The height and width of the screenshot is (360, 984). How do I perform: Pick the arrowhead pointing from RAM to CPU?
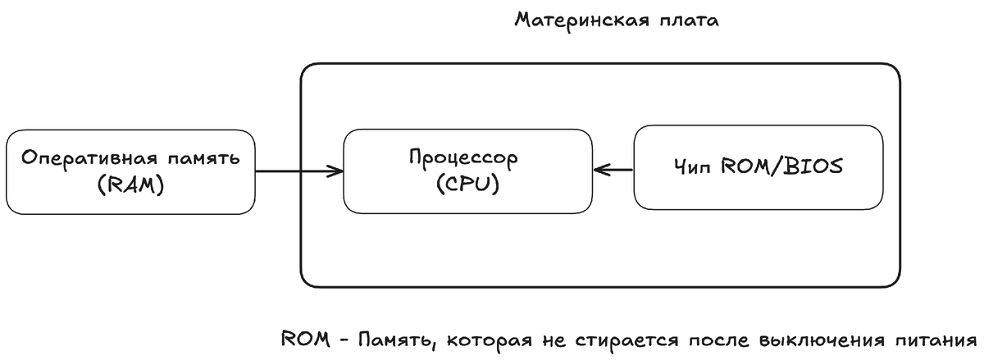335,171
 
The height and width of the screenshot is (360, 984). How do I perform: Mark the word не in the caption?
549,339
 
